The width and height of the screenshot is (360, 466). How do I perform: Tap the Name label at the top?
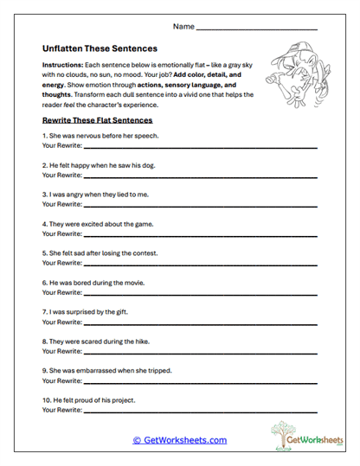pos(183,27)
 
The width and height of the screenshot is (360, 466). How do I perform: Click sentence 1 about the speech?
pos(100,136)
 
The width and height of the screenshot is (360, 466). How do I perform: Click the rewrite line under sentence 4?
pos(199,235)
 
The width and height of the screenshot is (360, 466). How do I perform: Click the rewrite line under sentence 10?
pos(199,412)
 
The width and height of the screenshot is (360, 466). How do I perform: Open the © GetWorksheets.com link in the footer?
pos(179,440)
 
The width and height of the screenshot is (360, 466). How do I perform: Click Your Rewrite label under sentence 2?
pos(61,176)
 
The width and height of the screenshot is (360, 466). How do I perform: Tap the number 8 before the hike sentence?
pos(44,342)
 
